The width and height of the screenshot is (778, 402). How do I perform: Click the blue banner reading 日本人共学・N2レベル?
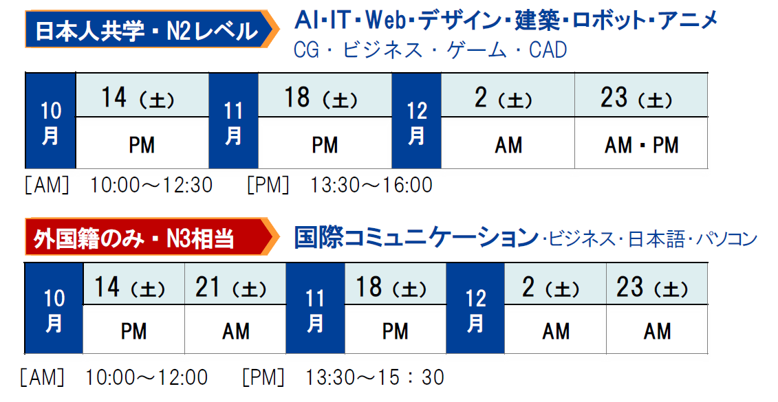[x=148, y=30]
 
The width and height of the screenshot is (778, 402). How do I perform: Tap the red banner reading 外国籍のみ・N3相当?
[x=148, y=237]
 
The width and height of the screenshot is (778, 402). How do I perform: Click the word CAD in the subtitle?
[x=548, y=50]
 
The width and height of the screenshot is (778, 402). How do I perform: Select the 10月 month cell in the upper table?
[x=51, y=121]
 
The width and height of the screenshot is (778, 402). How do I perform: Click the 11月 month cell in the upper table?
[x=233, y=121]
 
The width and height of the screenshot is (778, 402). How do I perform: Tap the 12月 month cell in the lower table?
[x=475, y=309]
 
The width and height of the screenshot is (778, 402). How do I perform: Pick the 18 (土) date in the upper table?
[x=325, y=96]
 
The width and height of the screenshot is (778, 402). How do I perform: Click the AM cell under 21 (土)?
[x=235, y=329]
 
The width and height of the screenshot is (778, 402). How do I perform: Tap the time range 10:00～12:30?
[x=151, y=186]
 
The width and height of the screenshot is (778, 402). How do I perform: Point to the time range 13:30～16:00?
[x=371, y=186]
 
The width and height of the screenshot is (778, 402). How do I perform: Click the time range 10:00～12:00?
[x=147, y=378]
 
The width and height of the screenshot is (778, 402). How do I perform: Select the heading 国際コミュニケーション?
[x=415, y=238]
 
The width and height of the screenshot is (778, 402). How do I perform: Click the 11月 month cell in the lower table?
[x=315, y=309]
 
